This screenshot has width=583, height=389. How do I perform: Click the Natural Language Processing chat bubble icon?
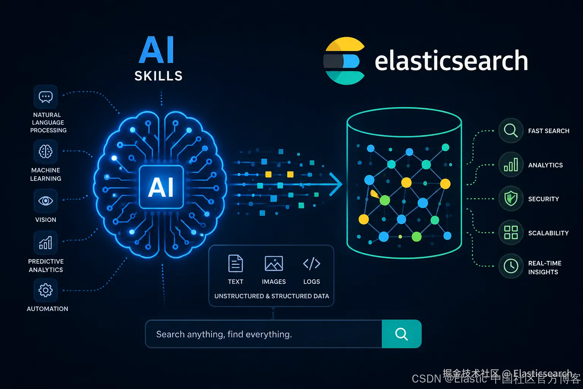46,97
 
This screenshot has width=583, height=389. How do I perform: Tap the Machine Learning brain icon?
46,152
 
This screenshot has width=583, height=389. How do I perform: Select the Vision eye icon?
46,201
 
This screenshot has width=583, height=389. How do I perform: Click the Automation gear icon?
46,290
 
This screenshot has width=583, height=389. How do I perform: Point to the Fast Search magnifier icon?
511,131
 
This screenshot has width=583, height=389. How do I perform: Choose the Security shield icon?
511,199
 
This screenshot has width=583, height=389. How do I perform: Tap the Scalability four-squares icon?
511,232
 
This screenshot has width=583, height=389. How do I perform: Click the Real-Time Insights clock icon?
511,266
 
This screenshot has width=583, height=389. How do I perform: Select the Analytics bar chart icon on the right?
511,165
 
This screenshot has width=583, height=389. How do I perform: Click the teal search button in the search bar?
401,334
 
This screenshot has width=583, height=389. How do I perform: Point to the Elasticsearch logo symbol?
344,61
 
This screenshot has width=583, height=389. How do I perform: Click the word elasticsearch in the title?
451,61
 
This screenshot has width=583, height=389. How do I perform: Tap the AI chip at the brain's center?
161,187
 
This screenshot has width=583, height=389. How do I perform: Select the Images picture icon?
274,263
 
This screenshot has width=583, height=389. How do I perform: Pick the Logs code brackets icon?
312,263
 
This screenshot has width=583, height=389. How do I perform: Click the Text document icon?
235,263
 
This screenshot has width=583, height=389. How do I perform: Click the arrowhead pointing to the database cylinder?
336,185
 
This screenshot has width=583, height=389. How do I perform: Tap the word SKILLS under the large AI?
159,76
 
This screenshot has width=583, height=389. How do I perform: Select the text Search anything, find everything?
224,334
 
